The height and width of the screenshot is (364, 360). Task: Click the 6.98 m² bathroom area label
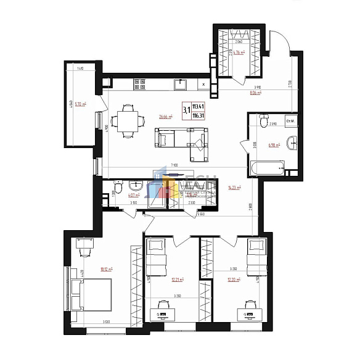click(274, 146)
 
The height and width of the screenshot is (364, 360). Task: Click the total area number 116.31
click(198, 115)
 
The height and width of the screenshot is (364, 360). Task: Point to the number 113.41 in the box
click(198, 106)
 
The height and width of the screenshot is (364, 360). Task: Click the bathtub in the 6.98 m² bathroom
click(267, 167)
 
